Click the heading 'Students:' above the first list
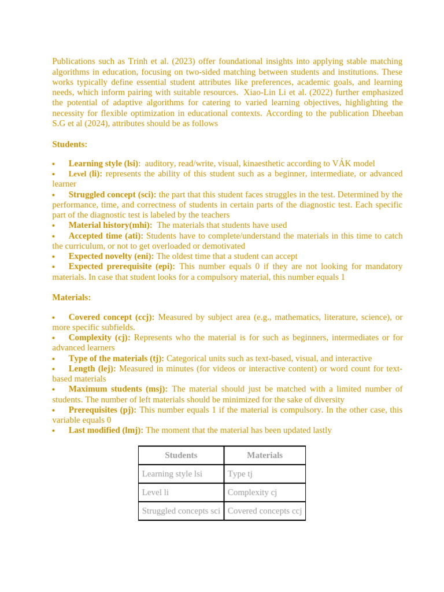pyautogui.click(x=69, y=144)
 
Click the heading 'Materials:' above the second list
pyautogui.click(x=71, y=297)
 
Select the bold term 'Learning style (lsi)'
pyautogui.click(x=103, y=164)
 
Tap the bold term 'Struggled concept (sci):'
pyautogui.click(x=112, y=195)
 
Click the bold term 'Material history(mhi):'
pyautogui.click(x=110, y=225)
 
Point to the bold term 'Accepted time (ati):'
pyautogui.click(x=106, y=236)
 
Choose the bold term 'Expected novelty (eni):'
pyautogui.click(x=111, y=256)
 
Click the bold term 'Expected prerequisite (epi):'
pyautogui.click(x=122, y=267)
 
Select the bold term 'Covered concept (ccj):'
pyautogui.click(x=111, y=317)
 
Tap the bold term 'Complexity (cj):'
pyautogui.click(x=99, y=338)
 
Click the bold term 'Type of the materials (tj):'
pyautogui.click(x=116, y=358)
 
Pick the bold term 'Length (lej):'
pyautogui.click(x=92, y=368)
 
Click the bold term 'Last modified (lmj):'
pyautogui.click(x=106, y=430)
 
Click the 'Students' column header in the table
pyautogui.click(x=181, y=456)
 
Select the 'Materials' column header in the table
pyautogui.click(x=265, y=456)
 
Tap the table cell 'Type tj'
pyautogui.click(x=240, y=474)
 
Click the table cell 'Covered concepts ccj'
pyautogui.click(x=265, y=511)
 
